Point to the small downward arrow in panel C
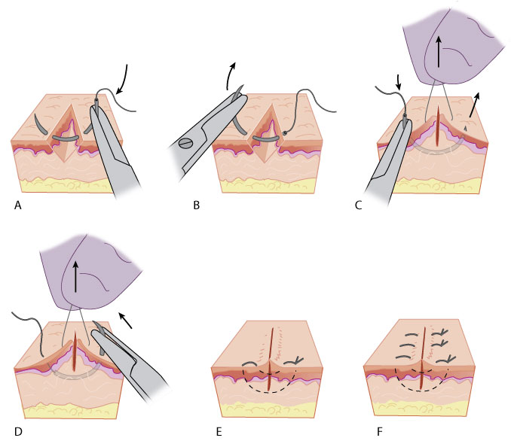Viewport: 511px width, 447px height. tap(399, 79)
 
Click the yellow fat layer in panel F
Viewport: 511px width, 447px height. tap(430, 410)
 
